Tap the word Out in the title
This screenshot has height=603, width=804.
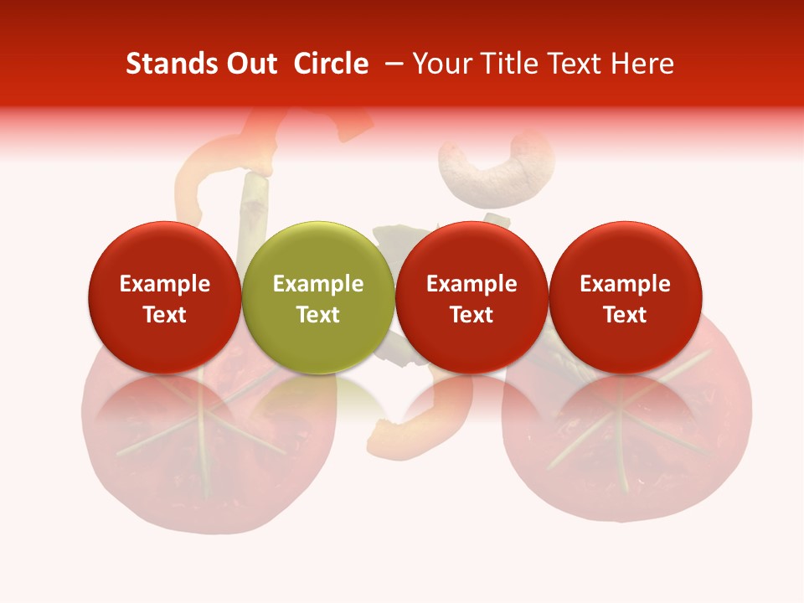[x=250, y=64]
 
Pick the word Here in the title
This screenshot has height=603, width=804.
[x=643, y=64]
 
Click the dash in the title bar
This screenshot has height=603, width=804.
[x=391, y=64]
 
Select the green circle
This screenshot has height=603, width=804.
[x=317, y=297]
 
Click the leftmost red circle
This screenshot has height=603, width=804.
[x=164, y=297]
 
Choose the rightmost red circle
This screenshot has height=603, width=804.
[x=625, y=297]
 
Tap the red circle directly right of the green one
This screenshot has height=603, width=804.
[x=472, y=297]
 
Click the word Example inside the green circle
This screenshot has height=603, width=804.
[x=318, y=284]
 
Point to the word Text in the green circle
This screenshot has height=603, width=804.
[x=318, y=315]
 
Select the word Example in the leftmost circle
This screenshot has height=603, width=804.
[x=165, y=284]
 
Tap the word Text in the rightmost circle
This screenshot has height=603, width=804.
[x=625, y=315]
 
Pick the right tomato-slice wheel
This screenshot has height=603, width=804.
[x=624, y=444]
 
